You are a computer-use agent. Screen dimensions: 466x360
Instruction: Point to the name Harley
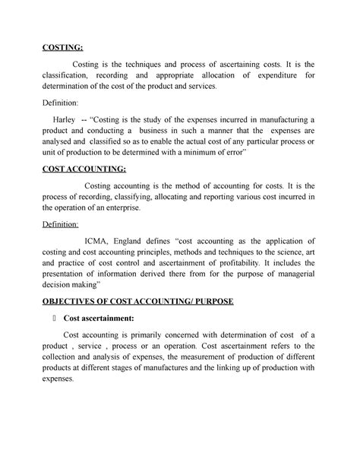tap(64, 119)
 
